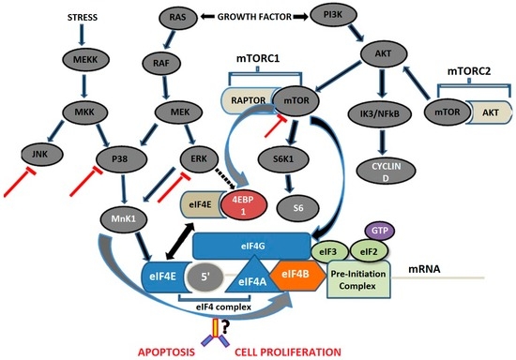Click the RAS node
173,17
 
